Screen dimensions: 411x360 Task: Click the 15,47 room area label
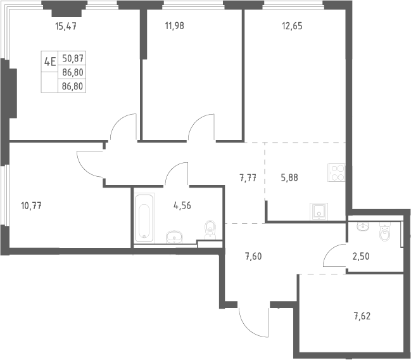coord(66,26)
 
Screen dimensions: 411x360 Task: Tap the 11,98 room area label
coord(175,26)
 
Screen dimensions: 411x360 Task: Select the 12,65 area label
coord(292,26)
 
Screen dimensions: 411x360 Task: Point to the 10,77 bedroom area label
coord(31,206)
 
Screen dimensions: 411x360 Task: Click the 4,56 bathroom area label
coord(182,205)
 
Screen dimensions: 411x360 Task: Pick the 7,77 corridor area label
coord(248,178)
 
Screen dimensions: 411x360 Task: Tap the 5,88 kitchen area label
coord(289,177)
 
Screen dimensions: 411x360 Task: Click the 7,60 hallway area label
coord(253,256)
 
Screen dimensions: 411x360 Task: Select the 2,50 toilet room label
coord(361,256)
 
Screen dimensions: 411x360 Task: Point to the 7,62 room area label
coord(362,316)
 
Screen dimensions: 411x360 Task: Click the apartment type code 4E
coord(50,62)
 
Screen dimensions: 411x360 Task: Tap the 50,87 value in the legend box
coord(73,58)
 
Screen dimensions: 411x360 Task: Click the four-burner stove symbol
coord(336,172)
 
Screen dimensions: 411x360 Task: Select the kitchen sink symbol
coord(319,212)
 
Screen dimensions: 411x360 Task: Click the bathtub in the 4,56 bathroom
coord(144,218)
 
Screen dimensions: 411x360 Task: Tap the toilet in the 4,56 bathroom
coord(210,230)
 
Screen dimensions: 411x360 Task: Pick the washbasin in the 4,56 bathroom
coord(174,237)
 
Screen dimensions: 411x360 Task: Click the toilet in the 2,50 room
coord(385,231)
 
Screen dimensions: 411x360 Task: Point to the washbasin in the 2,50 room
coord(363,226)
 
